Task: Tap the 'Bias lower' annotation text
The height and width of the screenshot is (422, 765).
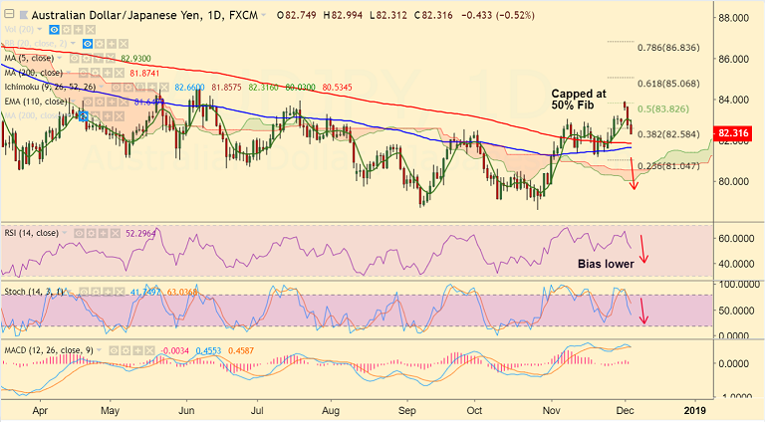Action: pos(606,264)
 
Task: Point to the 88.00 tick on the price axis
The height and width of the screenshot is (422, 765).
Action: pos(735,18)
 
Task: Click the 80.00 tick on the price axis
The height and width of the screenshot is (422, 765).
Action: pos(735,181)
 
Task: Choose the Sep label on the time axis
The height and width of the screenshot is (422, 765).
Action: pos(406,409)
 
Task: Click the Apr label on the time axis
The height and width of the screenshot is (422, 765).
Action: pos(40,409)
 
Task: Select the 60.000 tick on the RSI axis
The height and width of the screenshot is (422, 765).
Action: pos(738,239)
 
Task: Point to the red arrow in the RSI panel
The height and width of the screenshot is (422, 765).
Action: pos(643,249)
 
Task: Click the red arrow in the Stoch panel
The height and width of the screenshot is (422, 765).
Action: pos(643,311)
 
